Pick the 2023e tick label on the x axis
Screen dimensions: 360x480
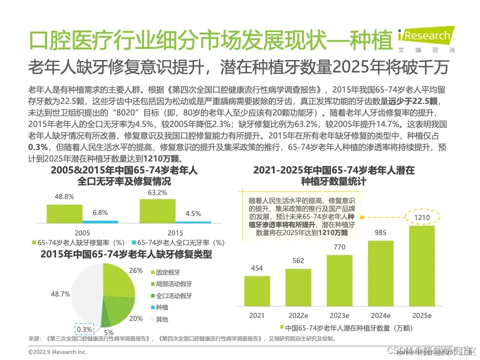point(339,316)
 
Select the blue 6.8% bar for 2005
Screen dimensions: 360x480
point(100,221)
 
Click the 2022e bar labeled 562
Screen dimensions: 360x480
point(298,287)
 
